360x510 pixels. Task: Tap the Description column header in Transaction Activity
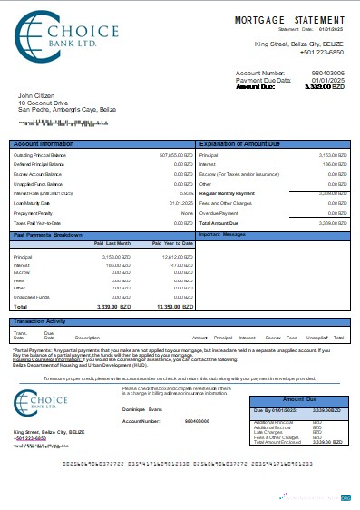(87, 338)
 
